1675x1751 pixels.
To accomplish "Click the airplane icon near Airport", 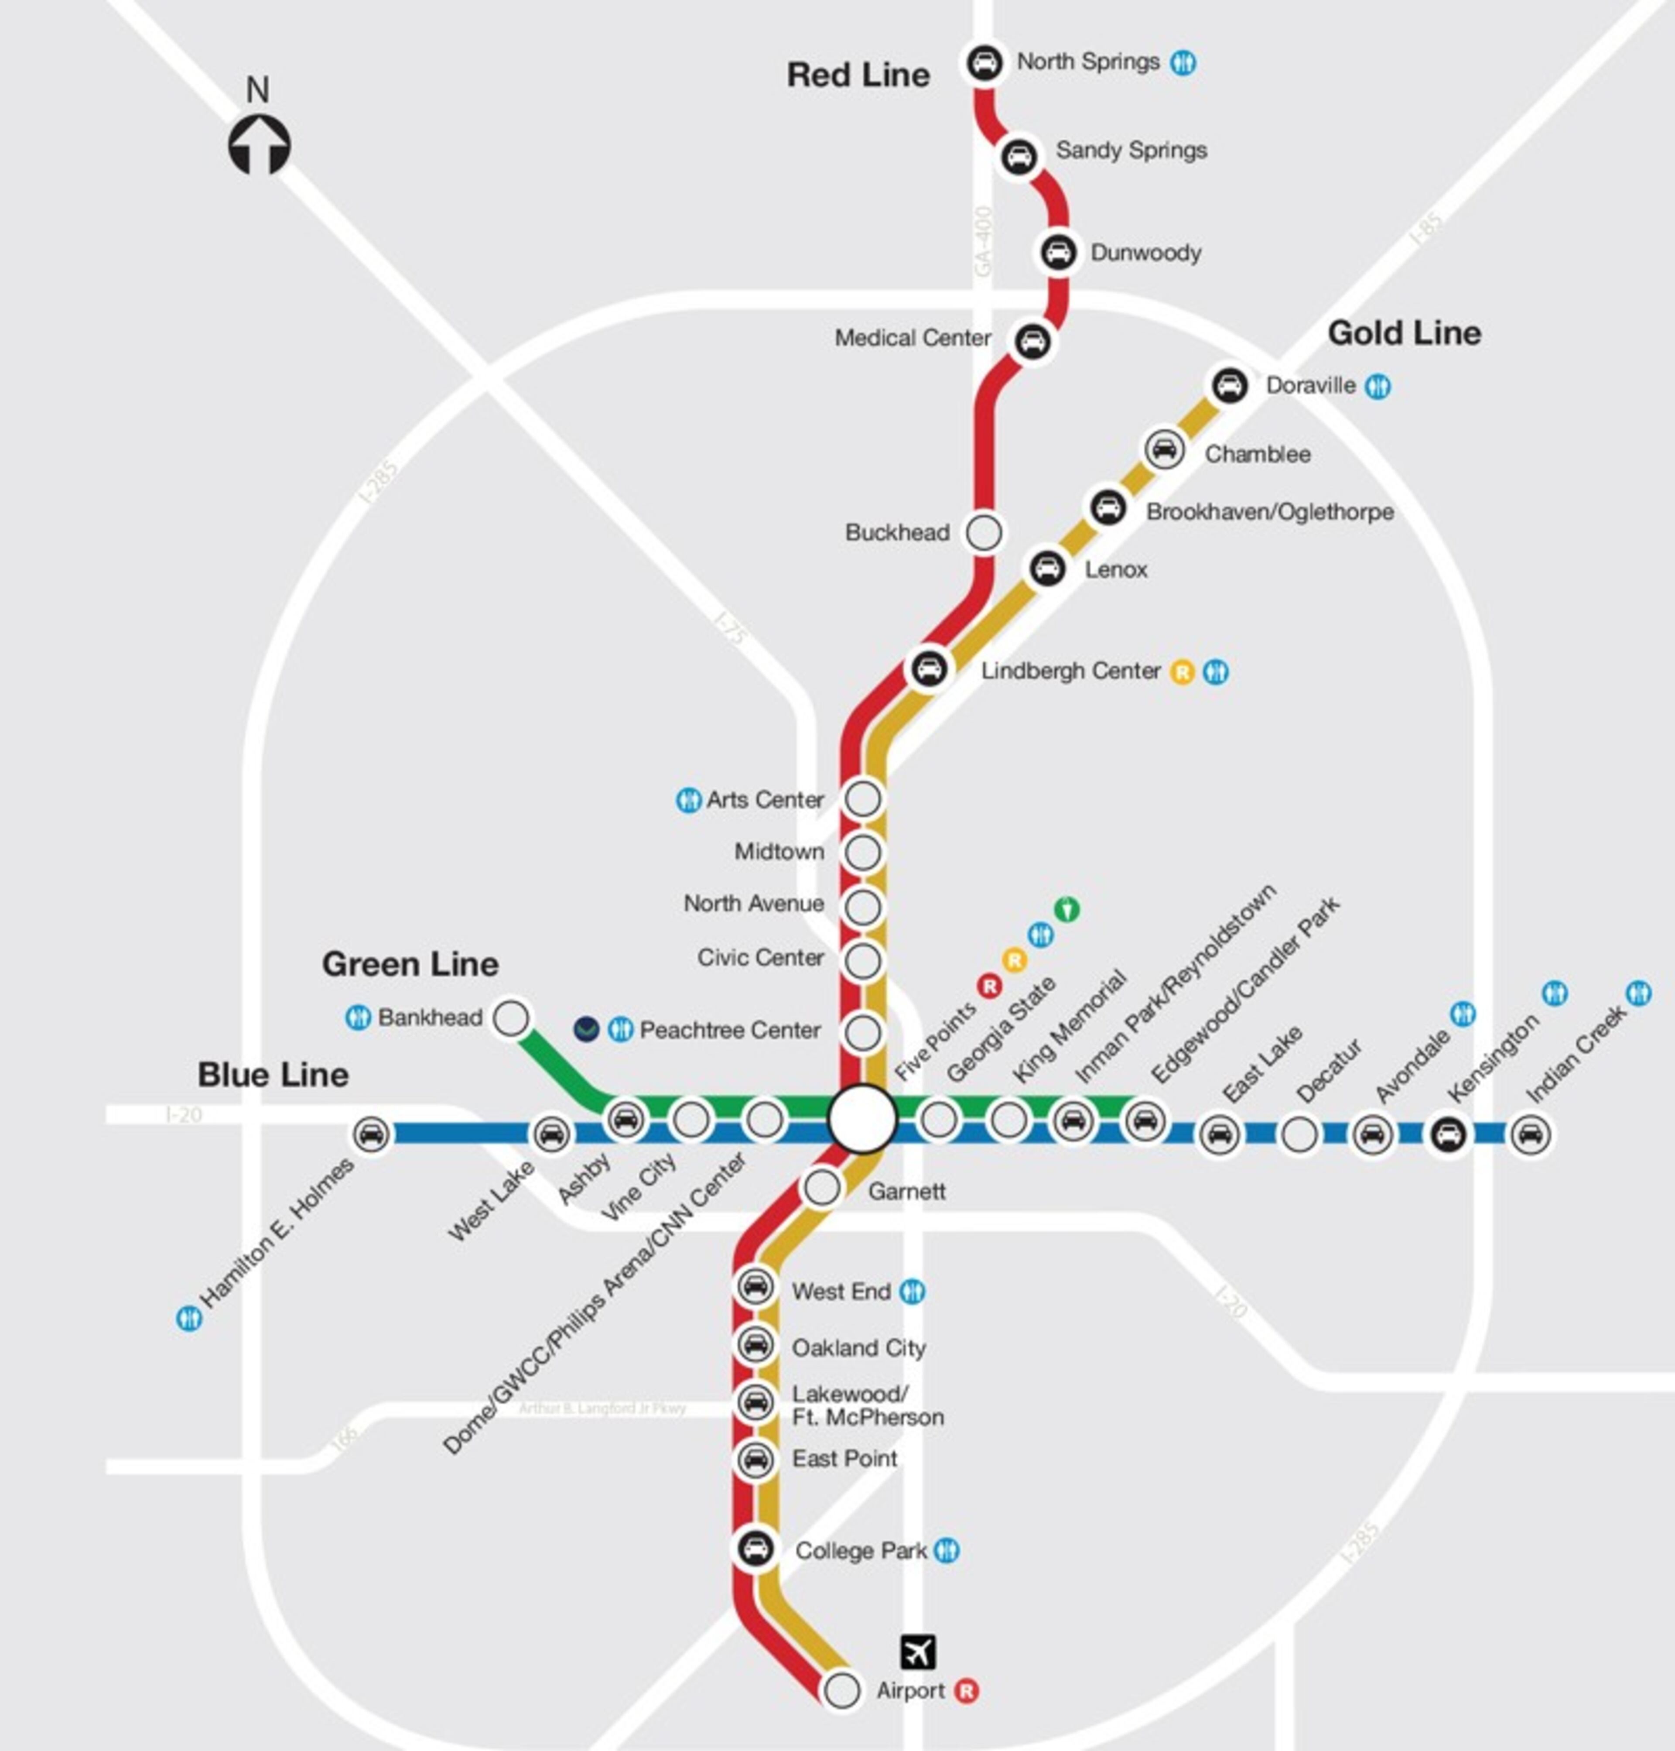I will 918,1651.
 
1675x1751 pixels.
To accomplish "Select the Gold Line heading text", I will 1404,333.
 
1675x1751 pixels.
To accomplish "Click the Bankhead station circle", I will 511,1018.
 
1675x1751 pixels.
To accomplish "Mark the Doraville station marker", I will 1230,386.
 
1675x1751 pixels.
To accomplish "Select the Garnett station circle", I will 821,1188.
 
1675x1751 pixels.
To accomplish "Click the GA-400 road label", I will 983,241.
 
